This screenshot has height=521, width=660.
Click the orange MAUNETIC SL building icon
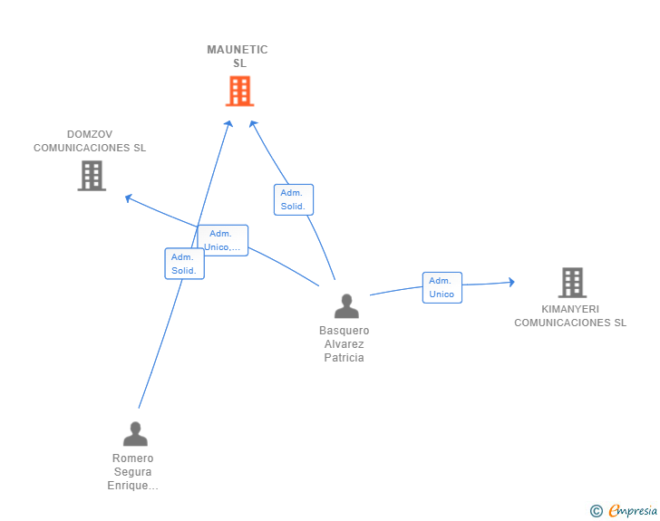[239, 91]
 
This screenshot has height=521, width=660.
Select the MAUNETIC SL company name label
[238, 56]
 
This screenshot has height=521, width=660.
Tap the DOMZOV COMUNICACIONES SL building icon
[92, 176]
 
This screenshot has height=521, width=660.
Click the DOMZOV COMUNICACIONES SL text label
[90, 141]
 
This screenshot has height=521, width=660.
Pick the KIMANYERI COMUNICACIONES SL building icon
[572, 283]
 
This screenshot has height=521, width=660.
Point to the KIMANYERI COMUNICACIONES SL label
[570, 315]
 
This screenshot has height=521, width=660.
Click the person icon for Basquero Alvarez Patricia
[346, 306]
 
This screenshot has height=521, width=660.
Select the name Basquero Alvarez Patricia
[344, 343]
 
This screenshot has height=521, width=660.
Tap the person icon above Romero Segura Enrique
[135, 433]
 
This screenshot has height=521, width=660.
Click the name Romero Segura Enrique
[132, 472]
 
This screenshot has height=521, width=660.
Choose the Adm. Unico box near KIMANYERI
[442, 287]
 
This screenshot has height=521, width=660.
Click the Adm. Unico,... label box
[223, 240]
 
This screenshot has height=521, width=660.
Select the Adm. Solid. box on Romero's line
[184, 264]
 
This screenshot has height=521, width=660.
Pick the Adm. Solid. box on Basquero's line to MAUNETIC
[294, 199]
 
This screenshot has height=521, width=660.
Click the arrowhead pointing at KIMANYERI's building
[511, 282]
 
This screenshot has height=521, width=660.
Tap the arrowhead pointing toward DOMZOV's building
[129, 198]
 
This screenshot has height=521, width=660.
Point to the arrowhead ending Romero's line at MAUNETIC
[228, 124]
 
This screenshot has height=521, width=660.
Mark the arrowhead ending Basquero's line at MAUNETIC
[253, 124]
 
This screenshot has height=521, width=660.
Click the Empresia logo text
[633, 510]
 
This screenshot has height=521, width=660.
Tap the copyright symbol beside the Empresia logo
[596, 511]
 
